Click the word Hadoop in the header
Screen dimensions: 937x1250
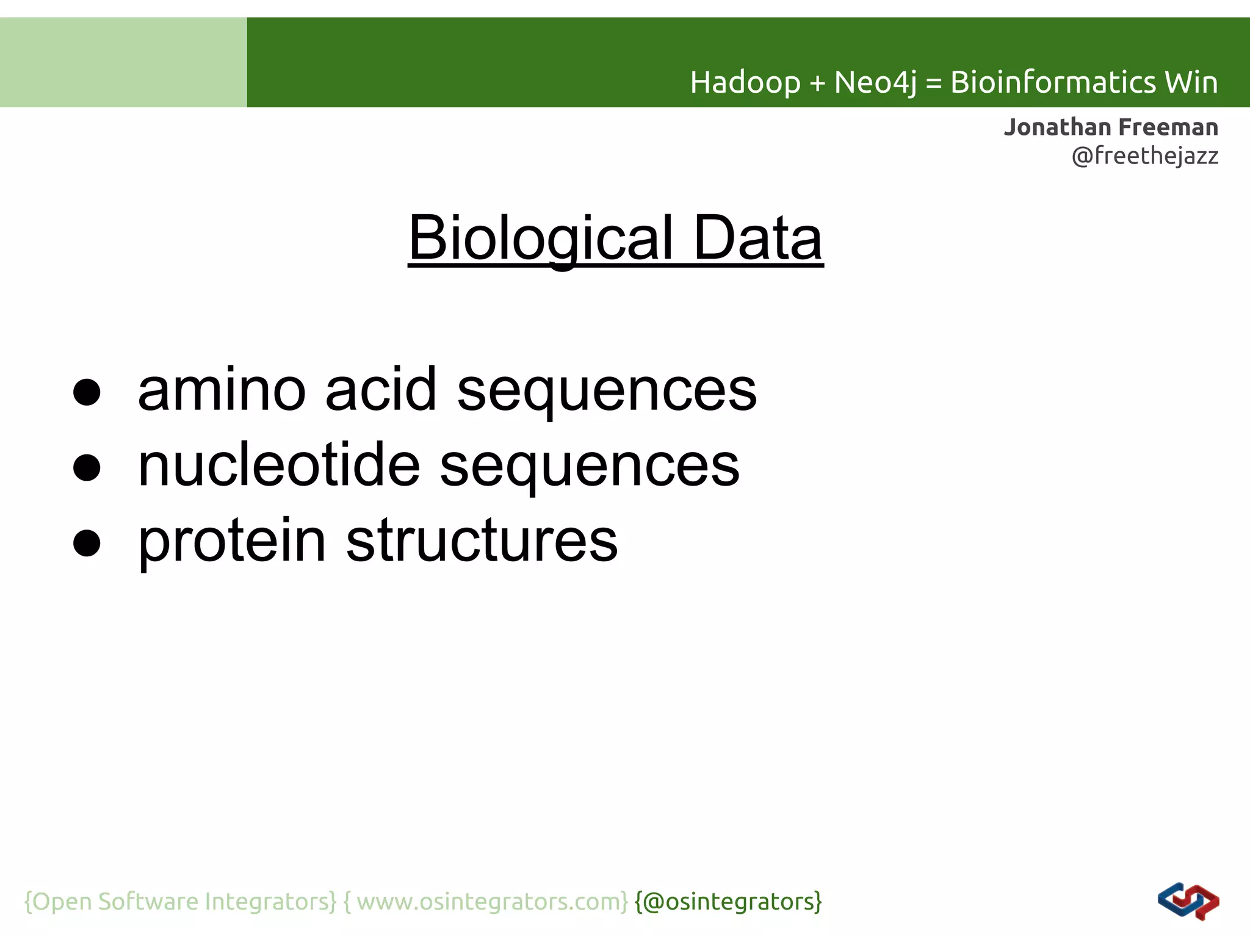coord(745,82)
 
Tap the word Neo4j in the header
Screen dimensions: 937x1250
coord(875,82)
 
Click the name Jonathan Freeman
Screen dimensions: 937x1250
coord(1111,127)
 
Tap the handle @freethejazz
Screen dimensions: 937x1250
coord(1144,156)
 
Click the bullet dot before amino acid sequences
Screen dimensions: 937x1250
coord(87,392)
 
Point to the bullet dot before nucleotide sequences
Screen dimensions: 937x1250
coord(87,468)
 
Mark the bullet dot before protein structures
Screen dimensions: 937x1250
coord(87,543)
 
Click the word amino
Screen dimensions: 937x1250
coord(222,390)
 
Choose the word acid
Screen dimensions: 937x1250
coord(381,390)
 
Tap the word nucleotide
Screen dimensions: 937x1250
coord(279,466)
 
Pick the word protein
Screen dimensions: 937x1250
coord(233,542)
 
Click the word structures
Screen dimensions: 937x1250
coord(482,542)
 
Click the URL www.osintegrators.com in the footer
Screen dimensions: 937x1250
coord(491,902)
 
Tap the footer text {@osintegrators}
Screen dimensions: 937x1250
coord(728,902)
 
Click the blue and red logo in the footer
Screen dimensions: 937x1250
coord(1188,902)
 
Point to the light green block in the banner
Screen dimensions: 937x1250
coord(123,62)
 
